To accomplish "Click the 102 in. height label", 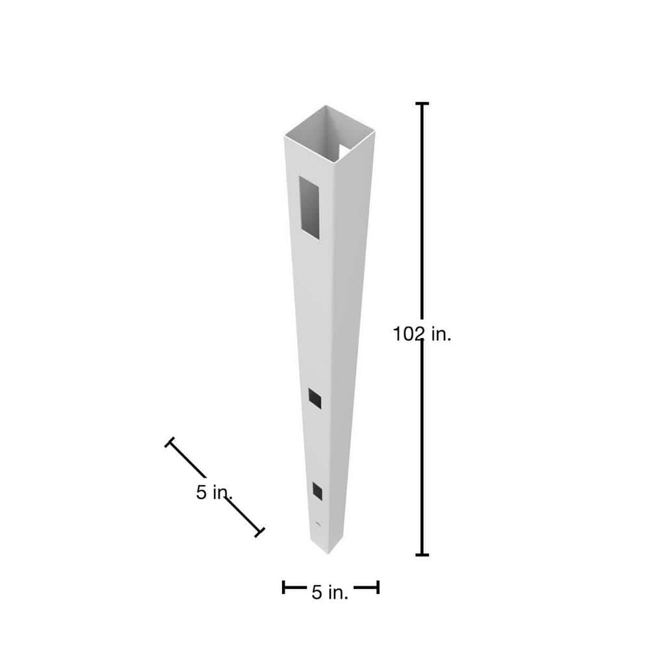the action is [x=422, y=334].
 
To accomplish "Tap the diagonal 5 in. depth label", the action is [x=214, y=493].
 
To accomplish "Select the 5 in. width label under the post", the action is [x=330, y=592].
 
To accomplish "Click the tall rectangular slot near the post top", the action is [x=309, y=208].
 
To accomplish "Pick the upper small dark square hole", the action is [x=315, y=398].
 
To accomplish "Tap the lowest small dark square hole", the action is [x=318, y=491].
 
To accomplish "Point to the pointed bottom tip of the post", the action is [x=328, y=553].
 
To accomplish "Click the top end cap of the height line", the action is [x=422, y=103].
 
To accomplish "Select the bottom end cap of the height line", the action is [x=422, y=554].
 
